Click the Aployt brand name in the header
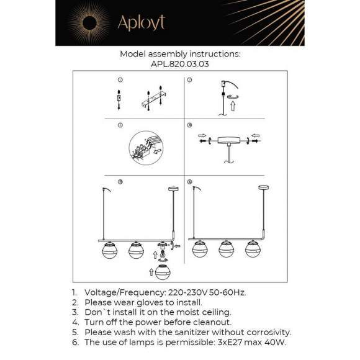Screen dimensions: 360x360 click(141, 23)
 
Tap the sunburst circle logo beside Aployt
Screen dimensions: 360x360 click(86, 23)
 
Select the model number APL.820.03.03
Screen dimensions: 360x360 click(179, 63)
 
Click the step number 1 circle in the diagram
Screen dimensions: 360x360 click(120, 80)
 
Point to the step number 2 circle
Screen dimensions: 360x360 click(189, 80)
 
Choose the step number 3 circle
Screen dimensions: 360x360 click(120, 125)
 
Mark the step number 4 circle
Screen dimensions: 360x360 click(189, 125)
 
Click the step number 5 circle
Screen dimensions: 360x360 click(120, 182)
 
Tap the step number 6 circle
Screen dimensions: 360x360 click(189, 182)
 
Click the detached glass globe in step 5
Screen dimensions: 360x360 click(163, 272)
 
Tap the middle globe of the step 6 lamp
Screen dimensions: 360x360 click(225, 249)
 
